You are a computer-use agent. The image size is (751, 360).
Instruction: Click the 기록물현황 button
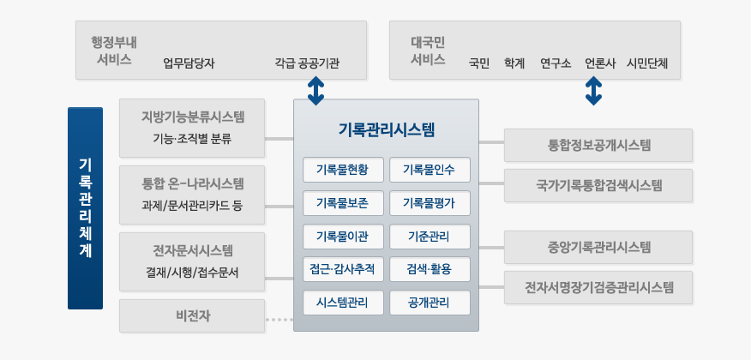(343, 170)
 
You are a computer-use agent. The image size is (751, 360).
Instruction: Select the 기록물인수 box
(430, 170)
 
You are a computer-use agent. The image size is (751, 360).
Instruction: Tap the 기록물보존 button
(343, 203)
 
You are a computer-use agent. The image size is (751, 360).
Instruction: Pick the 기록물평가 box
(430, 203)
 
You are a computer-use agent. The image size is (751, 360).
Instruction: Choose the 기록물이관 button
(343, 237)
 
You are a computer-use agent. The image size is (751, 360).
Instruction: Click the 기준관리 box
(430, 237)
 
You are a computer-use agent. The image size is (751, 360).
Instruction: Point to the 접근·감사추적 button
(343, 269)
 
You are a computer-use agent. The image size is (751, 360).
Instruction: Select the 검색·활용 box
(430, 269)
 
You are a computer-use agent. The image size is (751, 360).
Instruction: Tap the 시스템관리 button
(343, 303)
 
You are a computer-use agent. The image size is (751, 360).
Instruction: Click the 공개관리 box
(430, 303)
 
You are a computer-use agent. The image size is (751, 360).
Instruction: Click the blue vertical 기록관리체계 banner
(85, 208)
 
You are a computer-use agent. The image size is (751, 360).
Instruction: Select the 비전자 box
(192, 316)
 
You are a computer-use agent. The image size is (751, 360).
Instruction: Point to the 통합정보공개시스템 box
(598, 145)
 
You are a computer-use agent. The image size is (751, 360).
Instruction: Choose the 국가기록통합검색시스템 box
(598, 185)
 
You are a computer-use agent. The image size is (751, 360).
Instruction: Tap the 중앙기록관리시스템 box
(598, 247)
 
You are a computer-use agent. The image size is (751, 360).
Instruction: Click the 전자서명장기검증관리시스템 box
(598, 287)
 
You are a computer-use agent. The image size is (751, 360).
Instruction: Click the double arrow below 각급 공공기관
(315, 91)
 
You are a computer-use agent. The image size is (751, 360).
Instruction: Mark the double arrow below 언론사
(593, 91)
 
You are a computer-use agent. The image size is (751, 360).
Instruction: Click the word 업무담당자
(189, 63)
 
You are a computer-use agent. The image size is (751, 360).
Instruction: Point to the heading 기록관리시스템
(386, 129)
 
